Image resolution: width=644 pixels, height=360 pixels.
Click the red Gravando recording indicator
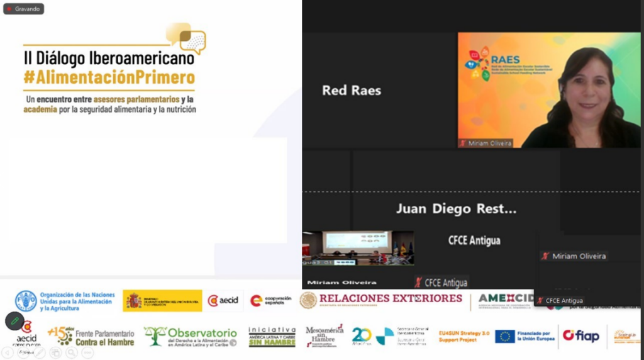(23, 9)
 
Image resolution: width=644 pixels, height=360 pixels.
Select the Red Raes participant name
(352, 91)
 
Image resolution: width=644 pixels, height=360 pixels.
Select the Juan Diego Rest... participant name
(456, 209)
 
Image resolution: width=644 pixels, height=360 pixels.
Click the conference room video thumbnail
(358, 247)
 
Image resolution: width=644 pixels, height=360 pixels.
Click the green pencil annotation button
(14, 321)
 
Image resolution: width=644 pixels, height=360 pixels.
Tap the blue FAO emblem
(26, 301)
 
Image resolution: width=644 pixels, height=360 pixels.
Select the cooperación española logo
(271, 301)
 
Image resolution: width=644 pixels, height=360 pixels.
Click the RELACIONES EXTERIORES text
(390, 298)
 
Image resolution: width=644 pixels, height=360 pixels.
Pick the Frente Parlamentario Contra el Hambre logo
(92, 337)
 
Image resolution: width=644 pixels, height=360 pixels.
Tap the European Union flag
(504, 337)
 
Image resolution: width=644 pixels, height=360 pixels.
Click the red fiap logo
(580, 336)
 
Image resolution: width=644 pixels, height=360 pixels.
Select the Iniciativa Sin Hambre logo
(272, 337)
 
